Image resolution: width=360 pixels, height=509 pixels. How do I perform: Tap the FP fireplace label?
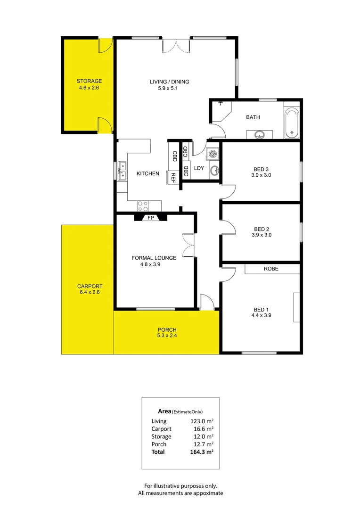click(151, 218)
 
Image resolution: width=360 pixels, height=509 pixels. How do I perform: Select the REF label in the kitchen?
click(173, 177)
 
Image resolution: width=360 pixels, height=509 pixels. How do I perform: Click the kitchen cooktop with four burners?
click(142, 205)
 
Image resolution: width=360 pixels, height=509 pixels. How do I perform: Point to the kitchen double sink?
click(122, 170)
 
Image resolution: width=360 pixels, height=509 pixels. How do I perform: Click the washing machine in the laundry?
click(213, 154)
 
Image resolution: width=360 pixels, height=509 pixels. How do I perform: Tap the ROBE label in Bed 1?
click(271, 269)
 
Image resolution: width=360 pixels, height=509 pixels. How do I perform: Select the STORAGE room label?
click(90, 81)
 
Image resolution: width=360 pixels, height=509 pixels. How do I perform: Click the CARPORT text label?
click(90, 286)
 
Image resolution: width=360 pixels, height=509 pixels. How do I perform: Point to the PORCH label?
click(166, 329)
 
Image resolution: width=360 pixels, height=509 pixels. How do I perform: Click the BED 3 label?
click(262, 169)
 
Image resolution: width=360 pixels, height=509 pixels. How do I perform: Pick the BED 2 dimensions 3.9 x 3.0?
click(262, 235)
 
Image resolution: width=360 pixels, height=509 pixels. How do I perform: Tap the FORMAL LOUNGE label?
click(154, 258)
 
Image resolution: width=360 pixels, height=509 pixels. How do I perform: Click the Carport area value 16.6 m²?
click(203, 429)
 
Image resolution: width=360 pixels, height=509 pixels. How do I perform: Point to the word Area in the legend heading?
click(164, 411)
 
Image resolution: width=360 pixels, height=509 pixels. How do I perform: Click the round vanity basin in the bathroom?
click(259, 135)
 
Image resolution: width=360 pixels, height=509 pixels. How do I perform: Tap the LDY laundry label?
click(199, 168)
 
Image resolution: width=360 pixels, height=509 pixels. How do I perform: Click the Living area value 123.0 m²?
click(202, 421)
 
